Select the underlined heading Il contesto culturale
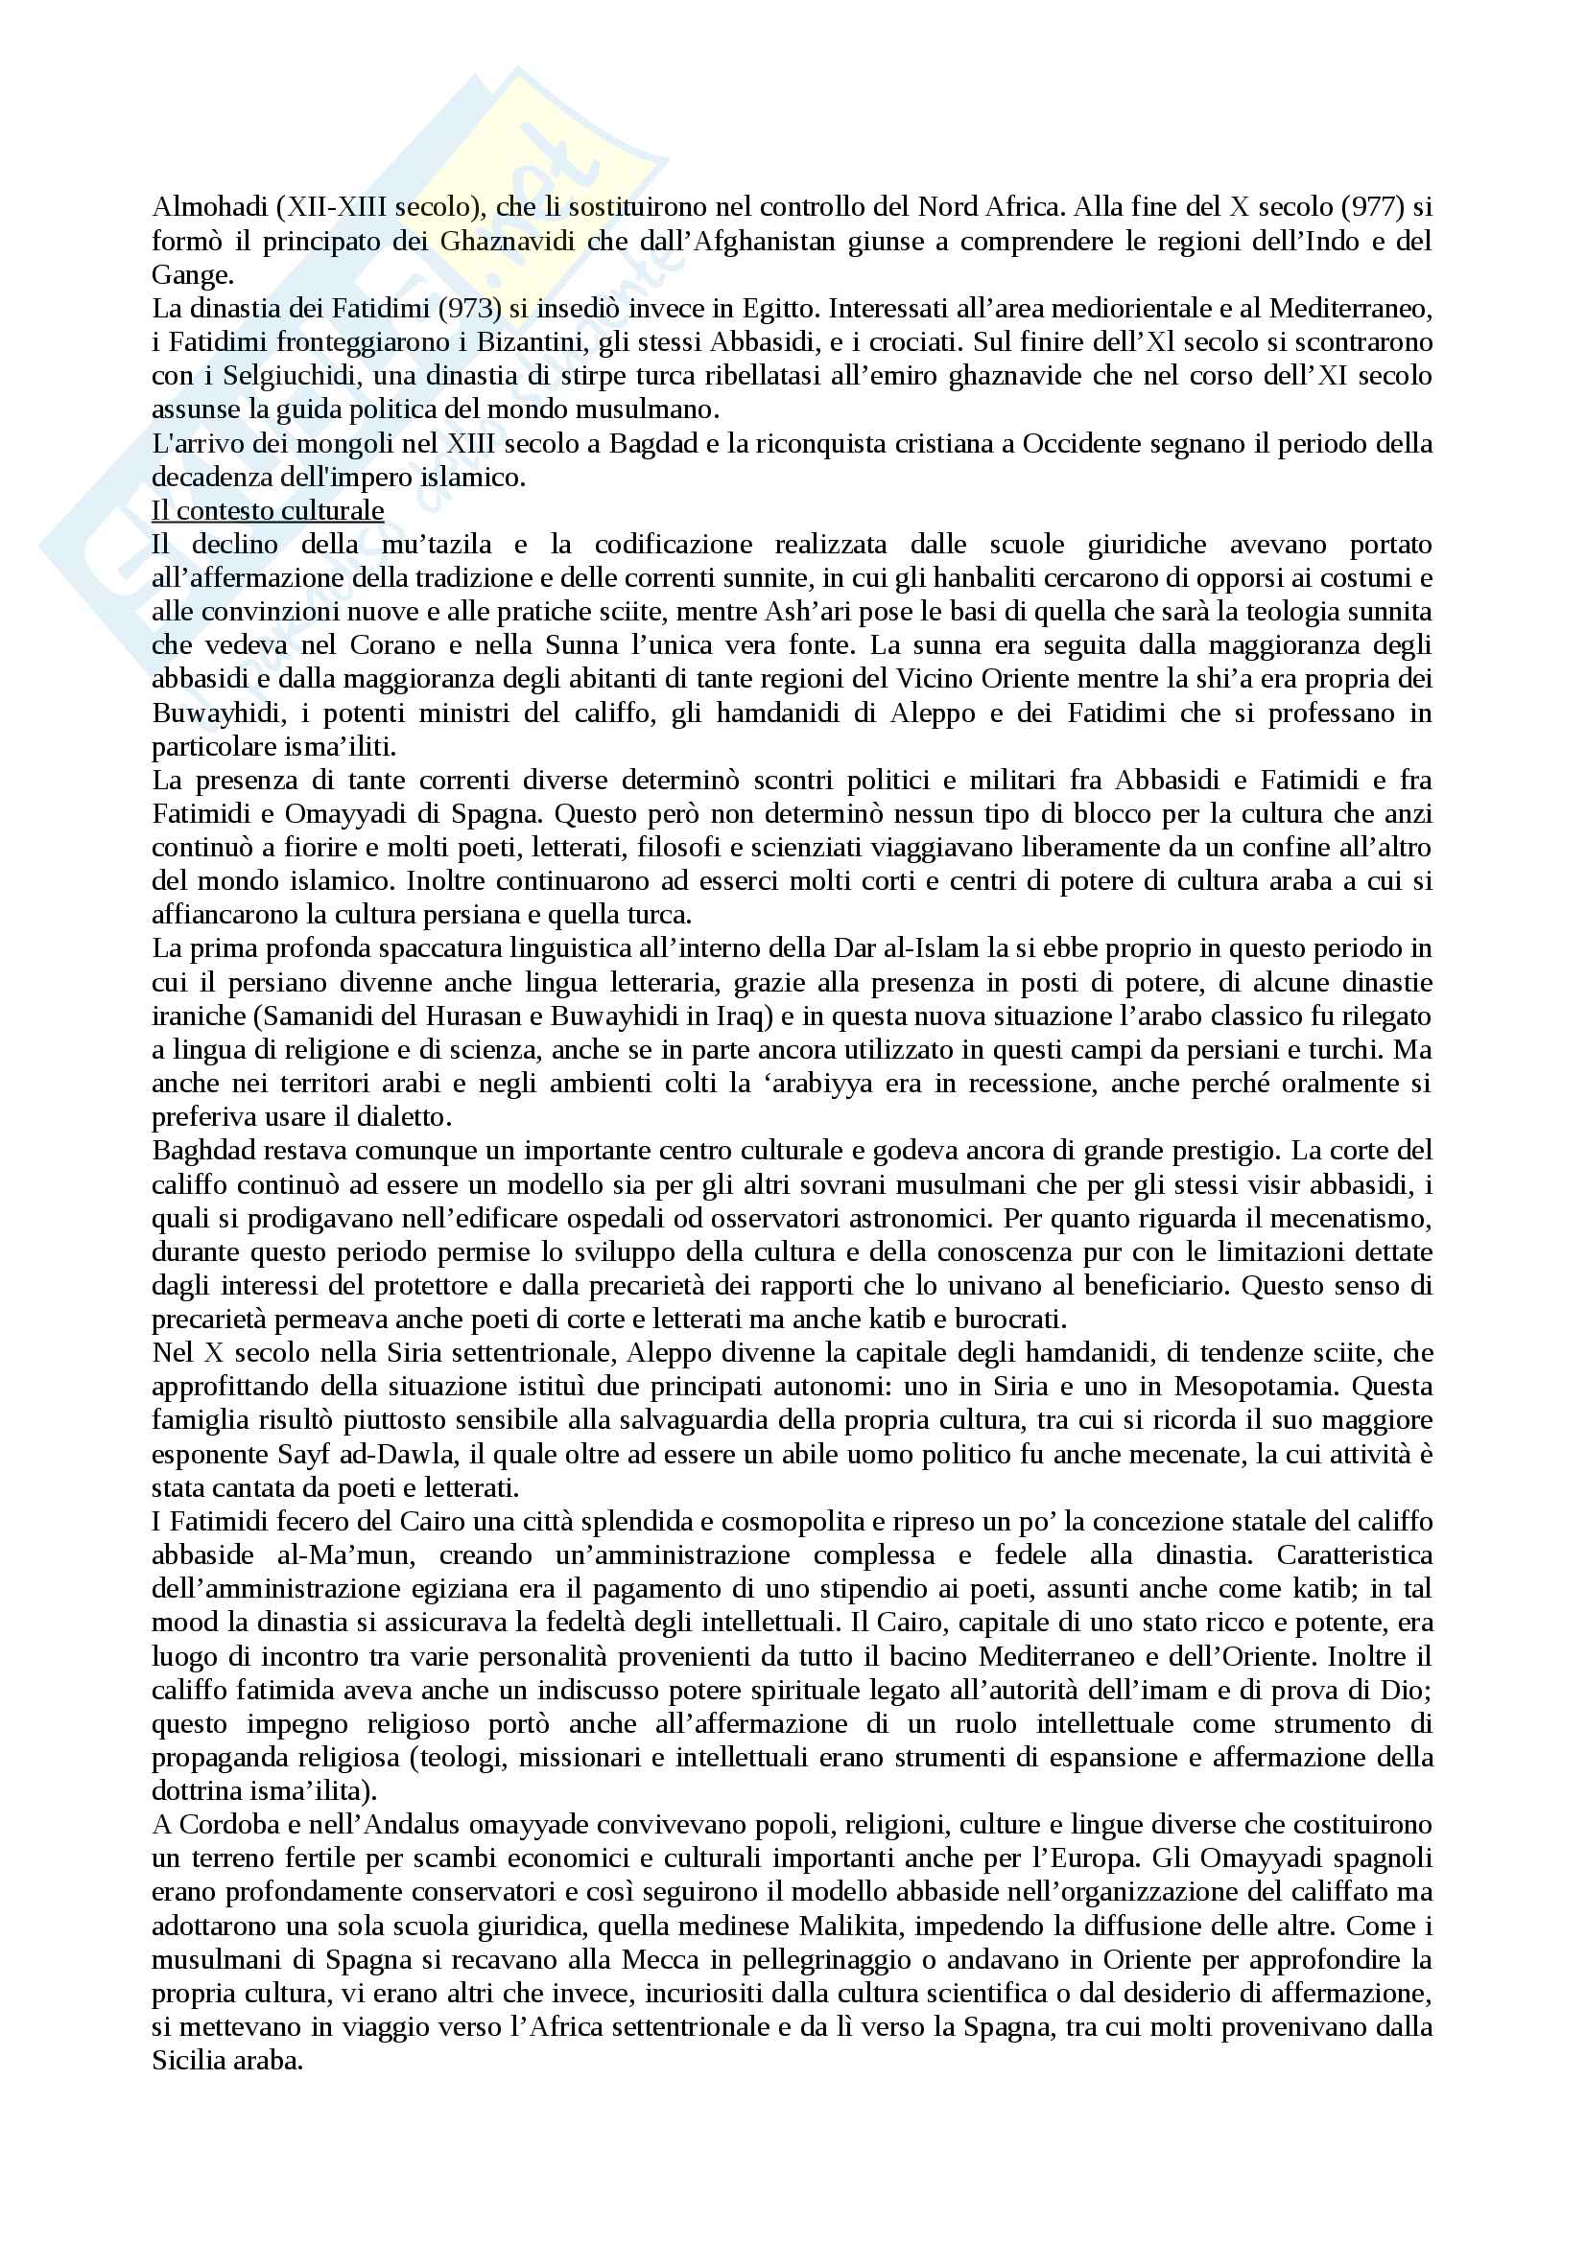tap(268, 511)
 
